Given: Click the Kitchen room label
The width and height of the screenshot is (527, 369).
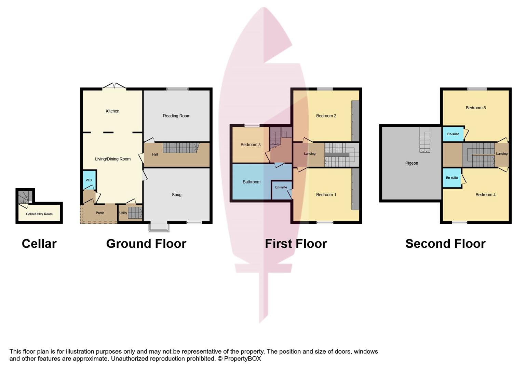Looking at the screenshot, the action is [x=112, y=111].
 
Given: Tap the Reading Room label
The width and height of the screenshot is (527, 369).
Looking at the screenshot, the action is [x=176, y=116].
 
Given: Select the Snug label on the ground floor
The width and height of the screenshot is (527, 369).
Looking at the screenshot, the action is [x=176, y=195].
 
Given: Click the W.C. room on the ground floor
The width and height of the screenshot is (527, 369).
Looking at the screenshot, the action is [x=90, y=180].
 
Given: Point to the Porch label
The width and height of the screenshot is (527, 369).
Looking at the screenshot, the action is [x=100, y=213].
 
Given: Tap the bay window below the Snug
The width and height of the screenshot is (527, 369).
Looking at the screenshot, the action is [x=159, y=227].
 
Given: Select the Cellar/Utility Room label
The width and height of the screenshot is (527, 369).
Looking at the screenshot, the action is [x=39, y=214].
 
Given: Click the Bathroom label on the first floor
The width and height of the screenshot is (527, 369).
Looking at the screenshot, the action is [x=252, y=182].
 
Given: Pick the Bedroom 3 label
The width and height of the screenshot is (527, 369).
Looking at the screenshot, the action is [x=251, y=145].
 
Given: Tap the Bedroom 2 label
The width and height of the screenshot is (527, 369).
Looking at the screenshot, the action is [x=326, y=116].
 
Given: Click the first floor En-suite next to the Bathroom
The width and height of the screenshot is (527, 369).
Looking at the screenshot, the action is [x=282, y=190].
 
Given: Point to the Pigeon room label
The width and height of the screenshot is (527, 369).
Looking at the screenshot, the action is [x=411, y=163].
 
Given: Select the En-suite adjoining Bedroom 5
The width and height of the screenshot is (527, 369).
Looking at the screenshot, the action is [x=453, y=134].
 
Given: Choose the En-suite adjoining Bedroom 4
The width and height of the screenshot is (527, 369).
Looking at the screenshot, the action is [x=452, y=178].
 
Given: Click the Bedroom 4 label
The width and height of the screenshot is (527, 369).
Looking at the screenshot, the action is [x=485, y=195].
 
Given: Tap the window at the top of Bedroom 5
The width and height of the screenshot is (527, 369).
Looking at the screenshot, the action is [x=477, y=89].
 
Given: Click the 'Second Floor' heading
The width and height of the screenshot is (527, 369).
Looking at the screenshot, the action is [x=445, y=244].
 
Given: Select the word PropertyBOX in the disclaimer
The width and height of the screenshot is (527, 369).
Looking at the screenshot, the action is [x=242, y=359].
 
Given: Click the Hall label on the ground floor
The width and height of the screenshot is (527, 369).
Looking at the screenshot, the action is [x=155, y=154].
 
